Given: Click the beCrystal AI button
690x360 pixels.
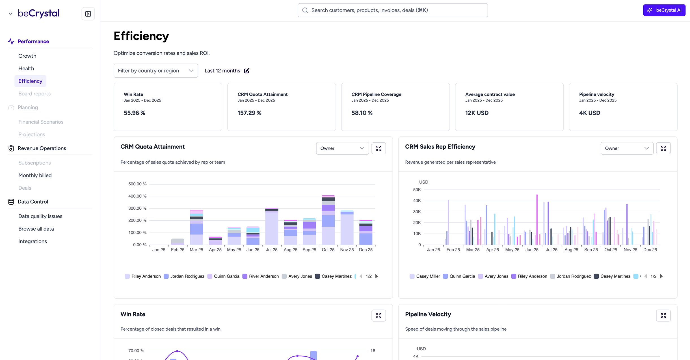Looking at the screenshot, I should coord(664,10).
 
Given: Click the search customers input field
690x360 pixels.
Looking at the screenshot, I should coord(393,10).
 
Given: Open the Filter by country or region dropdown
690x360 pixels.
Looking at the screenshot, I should coord(155,71).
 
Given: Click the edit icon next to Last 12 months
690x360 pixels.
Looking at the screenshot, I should coord(247,71).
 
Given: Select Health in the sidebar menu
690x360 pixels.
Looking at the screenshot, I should coord(26,68).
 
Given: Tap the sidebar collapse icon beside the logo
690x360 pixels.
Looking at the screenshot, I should coord(88,14).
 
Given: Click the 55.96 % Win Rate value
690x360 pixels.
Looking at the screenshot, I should coord(134,113).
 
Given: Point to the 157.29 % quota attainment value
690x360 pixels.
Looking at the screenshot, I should coord(249,113).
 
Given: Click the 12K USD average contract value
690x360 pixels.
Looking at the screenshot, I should coord(477,113).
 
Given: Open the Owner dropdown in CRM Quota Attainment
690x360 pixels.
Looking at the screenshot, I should coord(342,148).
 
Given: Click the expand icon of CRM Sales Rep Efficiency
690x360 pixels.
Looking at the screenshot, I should coord(663,148).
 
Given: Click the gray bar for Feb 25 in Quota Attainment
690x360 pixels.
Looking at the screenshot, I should coord(178,242).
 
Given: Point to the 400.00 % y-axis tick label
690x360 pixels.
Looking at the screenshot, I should coord(137,196).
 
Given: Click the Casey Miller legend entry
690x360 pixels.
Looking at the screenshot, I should coord(428,276).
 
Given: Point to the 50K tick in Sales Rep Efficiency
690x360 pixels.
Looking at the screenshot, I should coord(417,190).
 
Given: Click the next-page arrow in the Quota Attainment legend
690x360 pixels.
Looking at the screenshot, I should coord(377,276).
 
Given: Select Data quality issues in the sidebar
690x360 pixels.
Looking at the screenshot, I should coord(40,216).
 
